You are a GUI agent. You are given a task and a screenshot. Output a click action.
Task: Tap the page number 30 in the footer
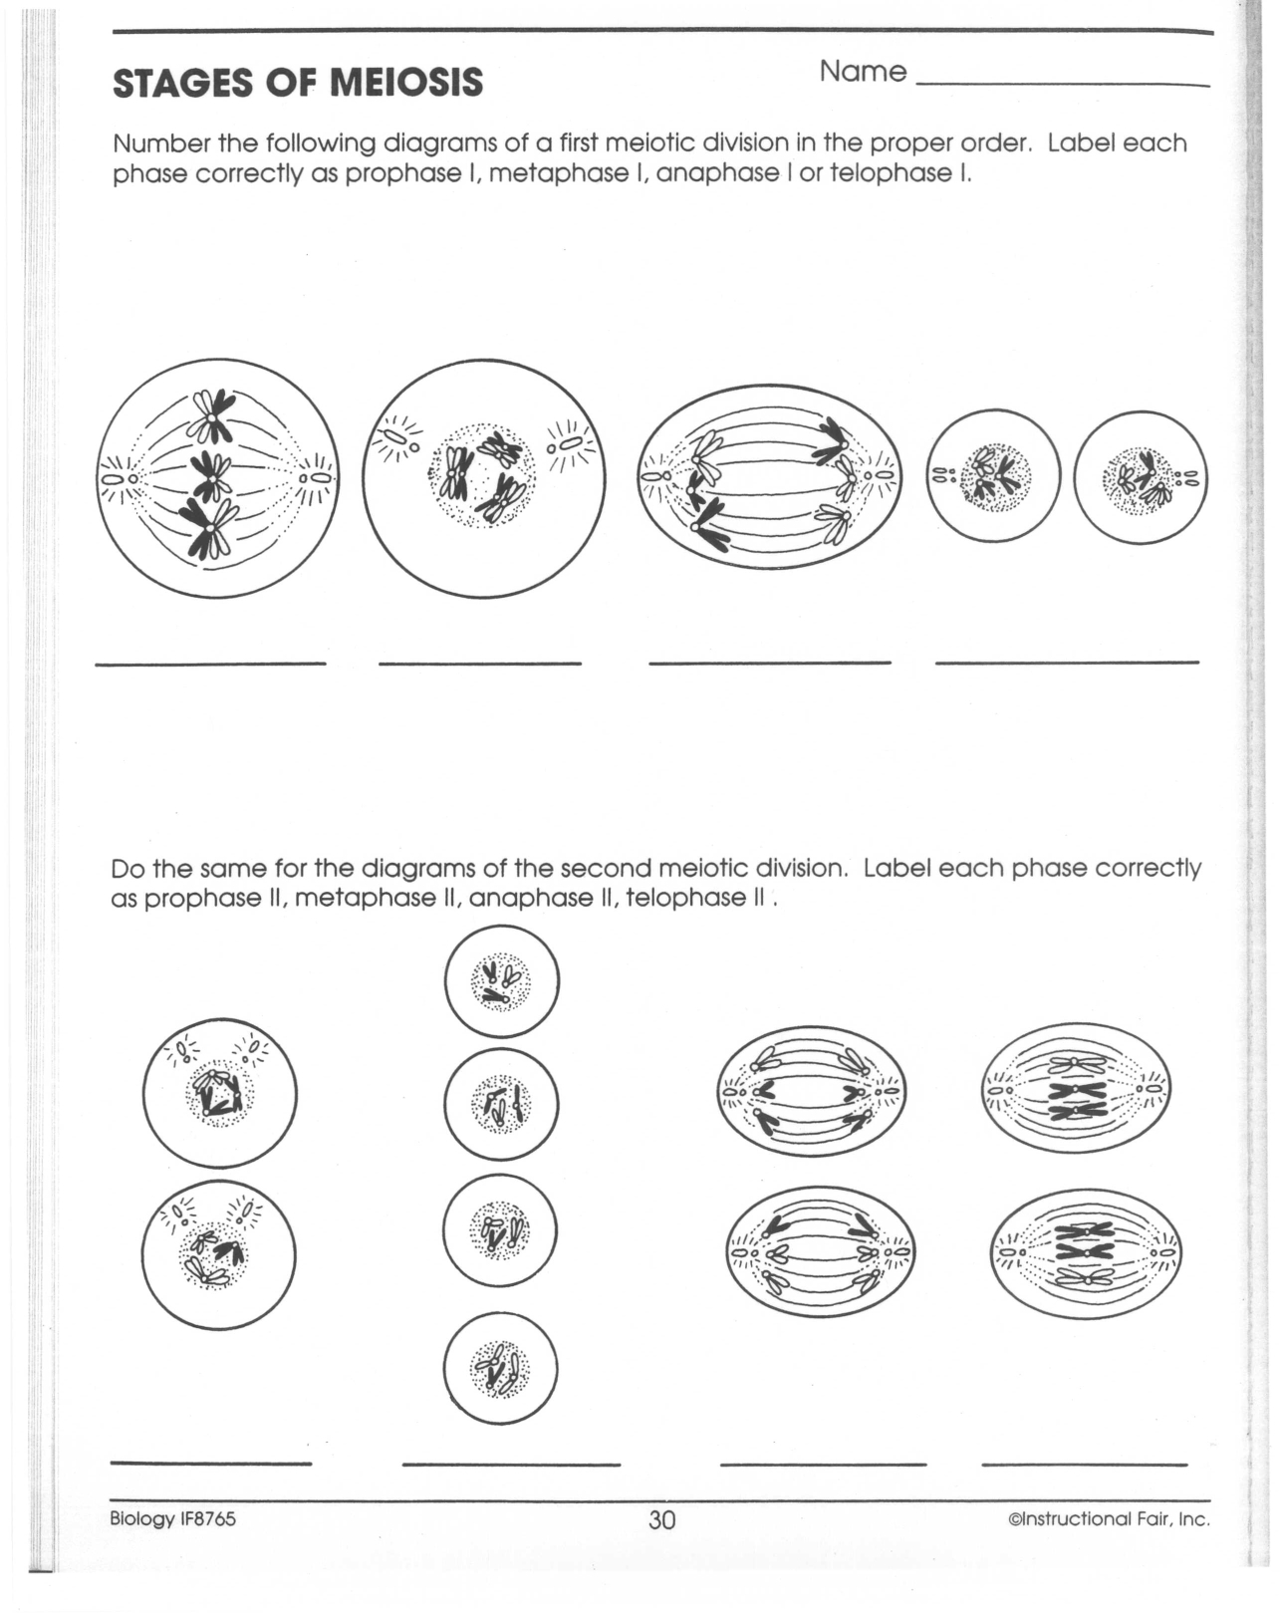coord(661,1519)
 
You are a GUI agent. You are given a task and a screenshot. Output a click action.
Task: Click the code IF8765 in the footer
coord(207,1518)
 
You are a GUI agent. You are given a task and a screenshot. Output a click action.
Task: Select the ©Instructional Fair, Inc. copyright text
coord(1109,1519)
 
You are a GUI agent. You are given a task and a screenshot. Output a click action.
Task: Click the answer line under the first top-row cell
coord(210,664)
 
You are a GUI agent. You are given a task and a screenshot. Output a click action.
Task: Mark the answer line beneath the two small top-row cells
coord(1067,662)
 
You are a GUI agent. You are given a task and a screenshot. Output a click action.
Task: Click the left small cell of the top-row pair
coord(993,476)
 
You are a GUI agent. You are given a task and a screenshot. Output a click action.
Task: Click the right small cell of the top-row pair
coord(1141,477)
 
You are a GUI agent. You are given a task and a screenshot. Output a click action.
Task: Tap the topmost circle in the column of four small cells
coord(501,981)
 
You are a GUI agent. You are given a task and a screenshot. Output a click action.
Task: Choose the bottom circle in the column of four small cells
coord(500,1368)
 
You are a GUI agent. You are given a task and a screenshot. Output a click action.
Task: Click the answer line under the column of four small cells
coord(511,1465)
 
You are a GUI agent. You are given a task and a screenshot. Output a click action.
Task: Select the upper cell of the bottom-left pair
coord(220,1093)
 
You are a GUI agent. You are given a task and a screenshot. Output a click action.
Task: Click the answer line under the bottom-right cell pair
coord(1085,1465)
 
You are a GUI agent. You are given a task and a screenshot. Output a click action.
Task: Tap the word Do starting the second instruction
coord(127,868)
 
